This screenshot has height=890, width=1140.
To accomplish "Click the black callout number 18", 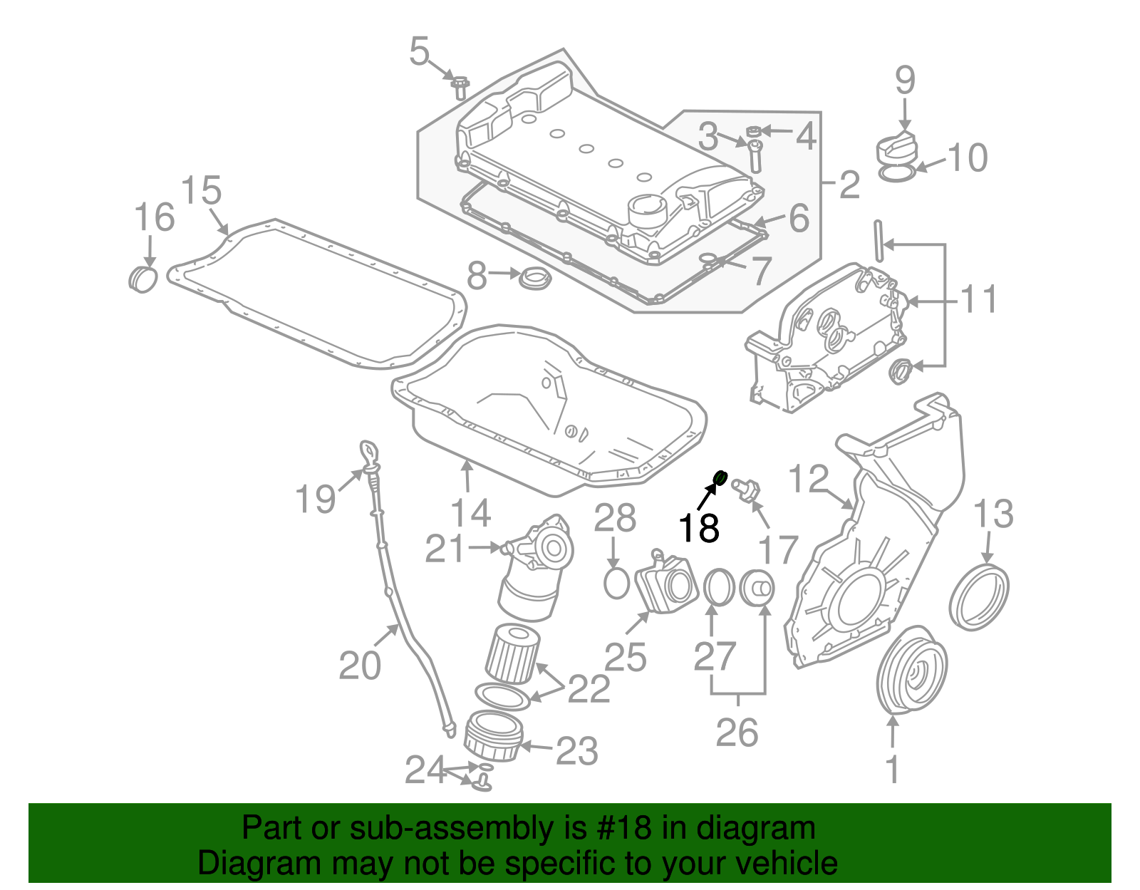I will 698,528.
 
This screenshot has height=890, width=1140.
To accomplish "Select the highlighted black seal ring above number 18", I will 720,477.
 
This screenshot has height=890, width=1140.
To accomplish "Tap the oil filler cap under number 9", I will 896,148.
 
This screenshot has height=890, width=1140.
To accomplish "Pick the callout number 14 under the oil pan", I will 471,512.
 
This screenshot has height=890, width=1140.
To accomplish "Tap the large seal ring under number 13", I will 979,596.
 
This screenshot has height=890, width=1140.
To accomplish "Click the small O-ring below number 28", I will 616,583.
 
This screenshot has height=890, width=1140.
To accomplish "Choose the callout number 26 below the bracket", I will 737,732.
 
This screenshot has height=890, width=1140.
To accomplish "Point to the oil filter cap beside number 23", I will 493,737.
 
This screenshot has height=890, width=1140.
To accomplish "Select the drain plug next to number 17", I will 747,490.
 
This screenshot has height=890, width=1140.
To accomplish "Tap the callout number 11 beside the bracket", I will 979,299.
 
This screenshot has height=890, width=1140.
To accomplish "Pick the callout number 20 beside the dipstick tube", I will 360,665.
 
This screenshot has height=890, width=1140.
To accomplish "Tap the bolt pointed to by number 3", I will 755,155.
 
